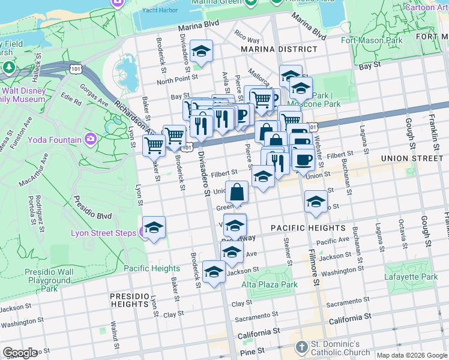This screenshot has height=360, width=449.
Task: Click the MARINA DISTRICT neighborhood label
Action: click(x=279, y=49)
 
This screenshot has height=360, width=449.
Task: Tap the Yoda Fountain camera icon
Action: click(x=91, y=139)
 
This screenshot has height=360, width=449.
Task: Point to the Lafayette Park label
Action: click(x=411, y=277)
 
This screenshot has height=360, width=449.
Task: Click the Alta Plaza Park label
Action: click(x=270, y=284)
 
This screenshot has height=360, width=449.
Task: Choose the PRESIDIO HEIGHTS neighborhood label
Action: click(x=131, y=301)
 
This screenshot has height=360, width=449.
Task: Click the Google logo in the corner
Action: click(x=20, y=353)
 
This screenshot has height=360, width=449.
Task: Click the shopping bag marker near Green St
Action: click(x=238, y=193)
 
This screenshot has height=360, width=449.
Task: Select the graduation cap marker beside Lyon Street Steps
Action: click(x=154, y=228)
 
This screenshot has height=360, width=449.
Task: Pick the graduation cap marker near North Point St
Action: click(x=202, y=52)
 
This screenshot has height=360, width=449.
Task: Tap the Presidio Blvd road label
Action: click(x=93, y=206)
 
